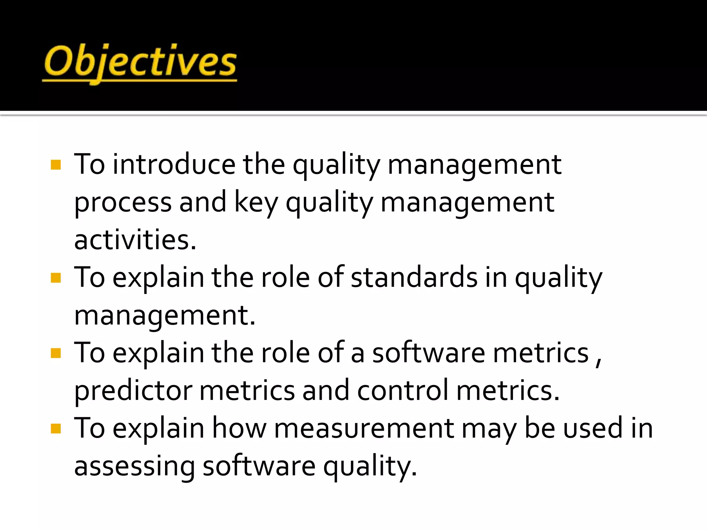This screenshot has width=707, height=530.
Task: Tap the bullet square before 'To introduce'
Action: tap(56, 165)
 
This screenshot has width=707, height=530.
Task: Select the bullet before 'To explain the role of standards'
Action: tap(56, 278)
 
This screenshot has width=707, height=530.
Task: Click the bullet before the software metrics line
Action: tap(56, 353)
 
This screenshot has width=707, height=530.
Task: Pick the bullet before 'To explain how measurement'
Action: tap(56, 429)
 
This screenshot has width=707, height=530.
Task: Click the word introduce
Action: tap(174, 165)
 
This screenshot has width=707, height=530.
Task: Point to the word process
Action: tap(123, 203)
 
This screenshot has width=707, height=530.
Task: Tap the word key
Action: tap(256, 203)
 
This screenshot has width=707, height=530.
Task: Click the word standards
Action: tap(414, 277)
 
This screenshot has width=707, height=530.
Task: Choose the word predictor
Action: tap(133, 391)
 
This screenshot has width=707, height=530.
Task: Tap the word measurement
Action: tap(364, 429)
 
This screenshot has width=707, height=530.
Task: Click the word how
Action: tap(239, 429)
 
